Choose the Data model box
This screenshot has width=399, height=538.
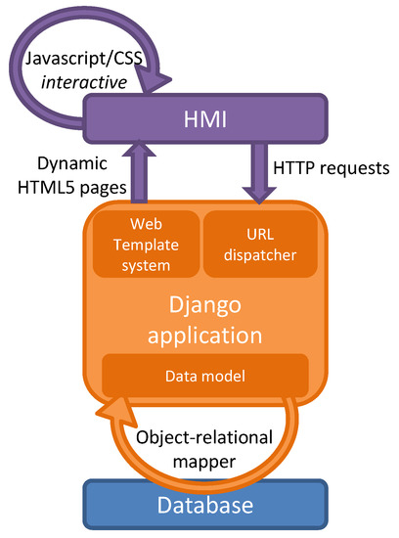pyautogui.click(x=205, y=375)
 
